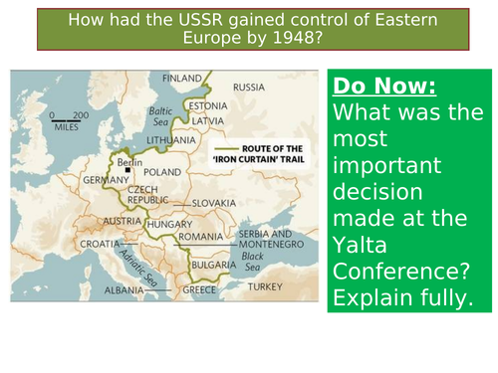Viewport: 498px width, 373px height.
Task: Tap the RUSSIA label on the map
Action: point(250,87)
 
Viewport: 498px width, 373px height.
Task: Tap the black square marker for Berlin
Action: point(127,170)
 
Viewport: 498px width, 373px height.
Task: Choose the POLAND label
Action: point(169,171)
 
